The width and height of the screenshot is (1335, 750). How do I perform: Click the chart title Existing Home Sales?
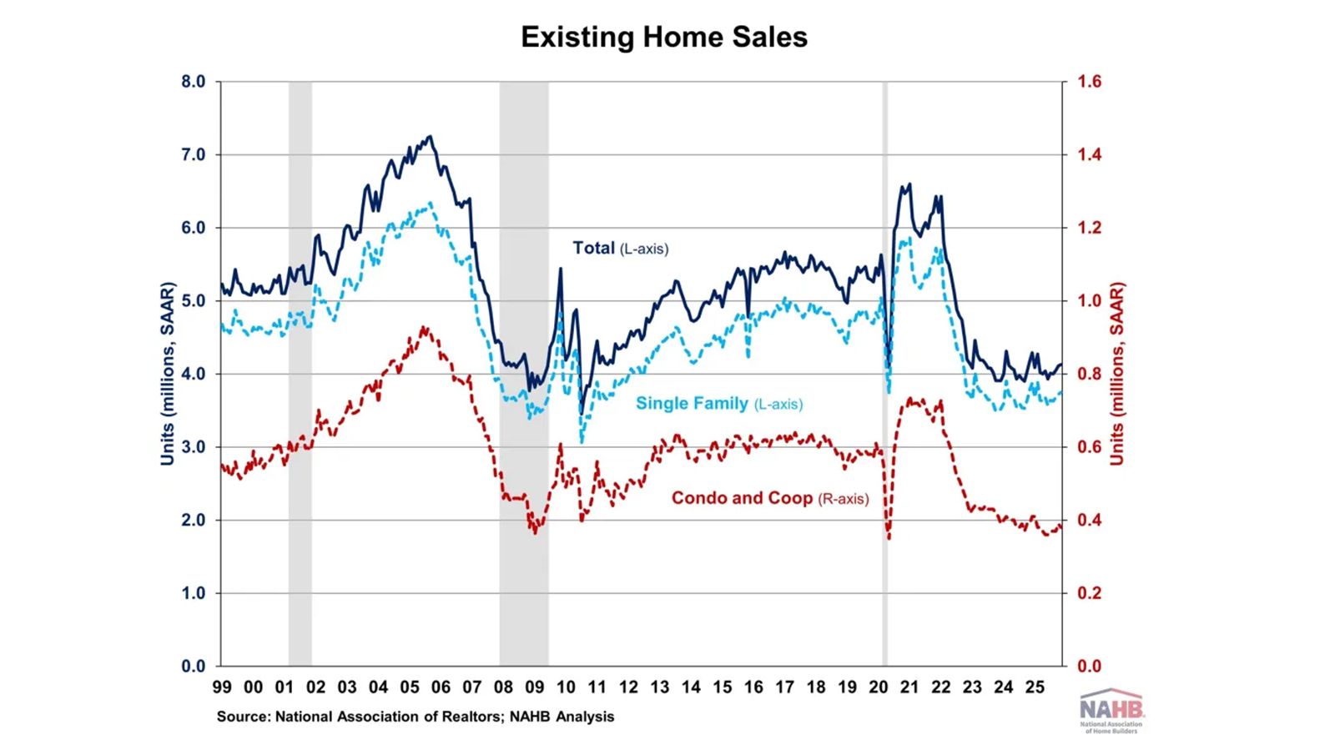[664, 38]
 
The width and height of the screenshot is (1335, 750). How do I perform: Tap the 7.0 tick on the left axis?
[193, 154]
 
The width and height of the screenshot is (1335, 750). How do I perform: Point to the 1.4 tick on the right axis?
[1089, 154]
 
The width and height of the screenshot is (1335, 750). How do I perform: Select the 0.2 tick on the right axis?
[1089, 593]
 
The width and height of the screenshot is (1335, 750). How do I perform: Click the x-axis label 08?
[503, 687]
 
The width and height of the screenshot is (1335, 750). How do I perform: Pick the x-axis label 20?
[878, 687]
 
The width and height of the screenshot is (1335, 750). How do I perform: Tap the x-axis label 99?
[222, 687]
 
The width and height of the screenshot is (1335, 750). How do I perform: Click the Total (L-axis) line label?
[620, 249]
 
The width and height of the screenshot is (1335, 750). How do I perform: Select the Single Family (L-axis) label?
[718, 404]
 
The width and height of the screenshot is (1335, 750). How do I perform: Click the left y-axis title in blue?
[168, 374]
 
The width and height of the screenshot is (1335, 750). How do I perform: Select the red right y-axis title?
[1117, 374]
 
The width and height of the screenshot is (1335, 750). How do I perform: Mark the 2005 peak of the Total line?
[430, 137]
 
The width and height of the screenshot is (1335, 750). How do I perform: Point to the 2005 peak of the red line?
[424, 328]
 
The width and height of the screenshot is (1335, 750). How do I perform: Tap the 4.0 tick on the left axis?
[193, 374]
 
